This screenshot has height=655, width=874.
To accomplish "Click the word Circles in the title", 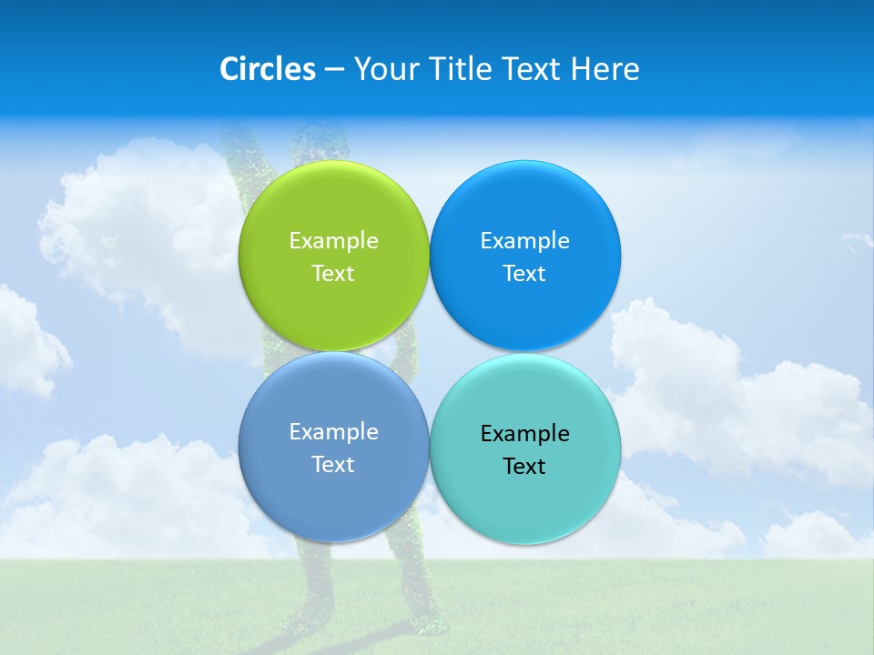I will (268, 69).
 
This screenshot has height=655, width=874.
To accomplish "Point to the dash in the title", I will (334, 70).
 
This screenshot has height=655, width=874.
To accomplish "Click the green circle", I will (333, 209).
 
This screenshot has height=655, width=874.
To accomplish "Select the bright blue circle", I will (524, 209).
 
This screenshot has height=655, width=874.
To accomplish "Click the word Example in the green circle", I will (333, 240).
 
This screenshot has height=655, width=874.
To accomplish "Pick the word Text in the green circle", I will (333, 273).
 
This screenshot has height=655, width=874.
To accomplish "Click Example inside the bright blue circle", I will (524, 240).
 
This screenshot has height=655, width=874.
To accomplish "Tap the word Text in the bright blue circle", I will (524, 273).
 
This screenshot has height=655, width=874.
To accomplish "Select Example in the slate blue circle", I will (333, 431).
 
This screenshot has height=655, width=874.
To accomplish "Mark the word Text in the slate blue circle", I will (333, 464).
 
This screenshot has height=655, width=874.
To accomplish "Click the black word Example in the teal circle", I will (524, 433).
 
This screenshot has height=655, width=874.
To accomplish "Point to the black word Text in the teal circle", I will (524, 466).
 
